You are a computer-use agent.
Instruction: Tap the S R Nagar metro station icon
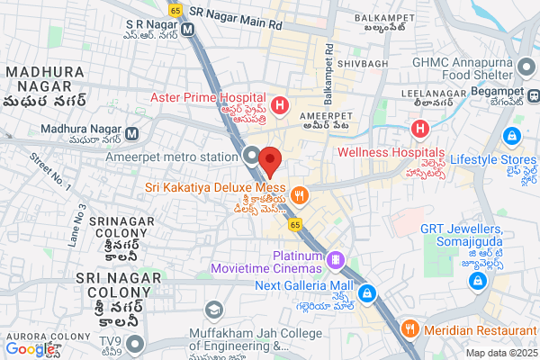(x=188, y=28)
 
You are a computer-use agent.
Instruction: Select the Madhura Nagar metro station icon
(x=132, y=134)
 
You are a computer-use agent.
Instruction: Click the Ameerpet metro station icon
(x=253, y=154)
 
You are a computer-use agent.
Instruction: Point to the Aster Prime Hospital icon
(x=280, y=106)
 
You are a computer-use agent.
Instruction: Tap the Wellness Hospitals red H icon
(x=420, y=130)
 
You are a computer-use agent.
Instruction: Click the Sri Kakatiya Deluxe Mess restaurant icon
(x=301, y=192)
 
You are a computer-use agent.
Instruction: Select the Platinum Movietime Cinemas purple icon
(x=336, y=259)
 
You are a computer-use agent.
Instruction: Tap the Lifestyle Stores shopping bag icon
(x=511, y=135)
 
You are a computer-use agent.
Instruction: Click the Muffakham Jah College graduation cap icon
(x=213, y=310)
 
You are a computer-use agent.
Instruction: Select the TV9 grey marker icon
(x=135, y=343)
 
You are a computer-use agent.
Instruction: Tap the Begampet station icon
(x=534, y=94)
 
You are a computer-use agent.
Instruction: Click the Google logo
(x=31, y=349)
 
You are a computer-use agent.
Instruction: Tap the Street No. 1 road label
(x=50, y=170)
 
